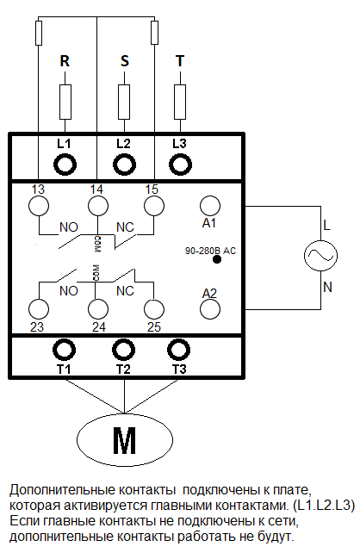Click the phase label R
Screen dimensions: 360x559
[x=65, y=61]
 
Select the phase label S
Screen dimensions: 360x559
[x=124, y=61]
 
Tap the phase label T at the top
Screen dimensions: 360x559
[x=180, y=61]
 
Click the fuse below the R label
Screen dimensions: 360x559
[x=65, y=102]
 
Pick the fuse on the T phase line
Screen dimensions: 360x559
[x=180, y=102]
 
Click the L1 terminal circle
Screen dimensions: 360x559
[x=65, y=165]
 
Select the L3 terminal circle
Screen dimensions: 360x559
[x=180, y=165]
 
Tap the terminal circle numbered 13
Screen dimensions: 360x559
[x=39, y=206]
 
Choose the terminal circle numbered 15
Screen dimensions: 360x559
[x=154, y=206]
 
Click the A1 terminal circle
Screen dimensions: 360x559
[x=210, y=206]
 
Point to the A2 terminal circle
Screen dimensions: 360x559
[x=210, y=309]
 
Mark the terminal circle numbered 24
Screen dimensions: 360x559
[x=98, y=309]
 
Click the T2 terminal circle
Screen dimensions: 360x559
[x=124, y=350]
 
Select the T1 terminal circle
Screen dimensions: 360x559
[x=64, y=350]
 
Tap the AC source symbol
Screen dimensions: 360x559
[x=320, y=256]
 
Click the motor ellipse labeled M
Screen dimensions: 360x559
[x=125, y=440]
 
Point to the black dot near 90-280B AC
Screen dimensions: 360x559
[x=217, y=259]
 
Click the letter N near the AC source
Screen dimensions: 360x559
[x=327, y=287]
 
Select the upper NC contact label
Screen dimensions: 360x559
[x=125, y=227]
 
